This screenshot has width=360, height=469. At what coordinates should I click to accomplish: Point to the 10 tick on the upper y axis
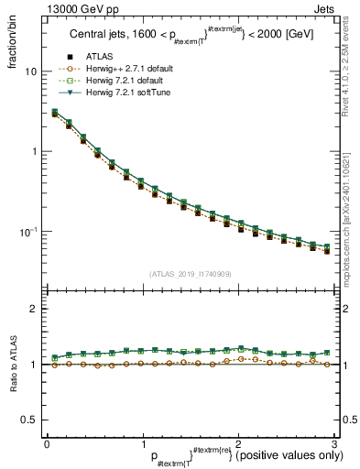pos(30,71)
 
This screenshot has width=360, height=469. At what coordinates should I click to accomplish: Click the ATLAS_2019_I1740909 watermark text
pos(190,274)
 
